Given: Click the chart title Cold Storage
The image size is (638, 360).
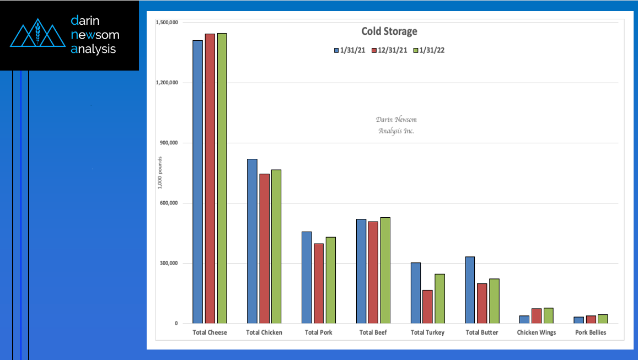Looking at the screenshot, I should [x=389, y=31].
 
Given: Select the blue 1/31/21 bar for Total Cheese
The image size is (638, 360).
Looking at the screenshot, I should [x=197, y=182].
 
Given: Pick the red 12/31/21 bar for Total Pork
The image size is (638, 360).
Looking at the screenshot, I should [x=319, y=283].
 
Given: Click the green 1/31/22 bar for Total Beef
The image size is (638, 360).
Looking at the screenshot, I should [x=385, y=270].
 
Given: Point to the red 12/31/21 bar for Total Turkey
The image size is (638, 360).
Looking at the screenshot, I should [x=427, y=307].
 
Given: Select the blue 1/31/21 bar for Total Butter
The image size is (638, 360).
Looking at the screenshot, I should [x=470, y=290].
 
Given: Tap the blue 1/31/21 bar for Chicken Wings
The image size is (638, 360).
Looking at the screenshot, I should [x=524, y=319].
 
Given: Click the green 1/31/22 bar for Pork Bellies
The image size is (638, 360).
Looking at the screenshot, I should [x=603, y=319].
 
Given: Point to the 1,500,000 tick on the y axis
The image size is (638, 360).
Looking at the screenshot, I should [x=167, y=23].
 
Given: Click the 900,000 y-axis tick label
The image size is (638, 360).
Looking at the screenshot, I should [x=168, y=143].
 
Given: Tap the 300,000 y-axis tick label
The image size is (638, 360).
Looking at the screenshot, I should [x=168, y=263].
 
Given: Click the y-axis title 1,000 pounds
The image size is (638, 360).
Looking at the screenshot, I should [x=160, y=173].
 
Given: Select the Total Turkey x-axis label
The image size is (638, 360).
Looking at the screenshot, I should [x=427, y=332].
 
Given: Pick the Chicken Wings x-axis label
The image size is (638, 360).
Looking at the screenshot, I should [x=536, y=332].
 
